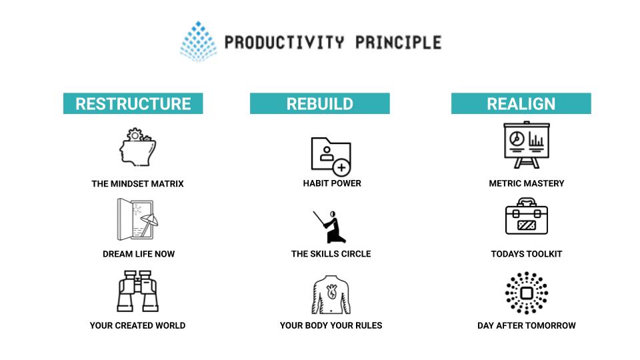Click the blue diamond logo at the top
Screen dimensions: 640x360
tap(199, 41)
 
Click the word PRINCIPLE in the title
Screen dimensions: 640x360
tap(399, 43)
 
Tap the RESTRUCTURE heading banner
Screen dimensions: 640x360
tap(133, 103)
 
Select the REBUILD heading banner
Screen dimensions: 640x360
tap(319, 103)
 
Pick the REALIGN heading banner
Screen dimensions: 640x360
tap(521, 103)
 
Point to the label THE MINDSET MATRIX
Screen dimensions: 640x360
tap(137, 184)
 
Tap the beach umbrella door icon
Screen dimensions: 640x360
tap(137, 219)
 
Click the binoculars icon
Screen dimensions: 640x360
tap(137, 291)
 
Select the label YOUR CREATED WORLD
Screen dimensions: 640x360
tap(137, 325)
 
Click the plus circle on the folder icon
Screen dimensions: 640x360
tap(341, 167)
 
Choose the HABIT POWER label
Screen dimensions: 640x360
tap(332, 183)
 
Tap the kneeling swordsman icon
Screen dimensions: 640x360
tap(330, 227)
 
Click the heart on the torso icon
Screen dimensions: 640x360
tap(332, 291)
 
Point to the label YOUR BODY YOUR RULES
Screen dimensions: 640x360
tap(331, 325)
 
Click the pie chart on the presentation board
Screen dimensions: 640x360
tap(517, 139)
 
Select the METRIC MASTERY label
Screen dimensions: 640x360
tap(527, 183)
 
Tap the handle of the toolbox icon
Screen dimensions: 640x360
tap(527, 202)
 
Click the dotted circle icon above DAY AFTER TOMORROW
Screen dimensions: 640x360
tap(527, 293)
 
